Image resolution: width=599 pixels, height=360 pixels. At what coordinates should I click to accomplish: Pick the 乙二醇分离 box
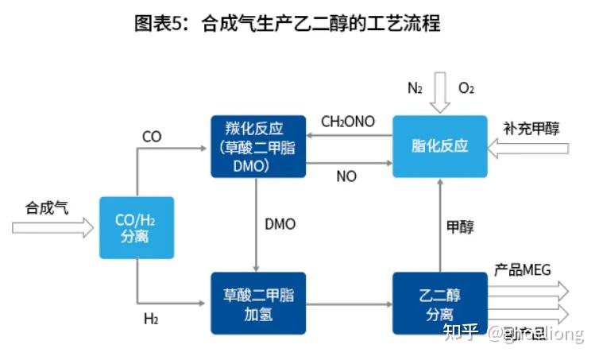click(439, 304)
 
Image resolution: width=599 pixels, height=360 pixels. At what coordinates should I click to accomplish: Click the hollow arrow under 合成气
click(52, 228)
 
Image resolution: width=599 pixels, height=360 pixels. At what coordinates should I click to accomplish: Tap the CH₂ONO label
click(348, 122)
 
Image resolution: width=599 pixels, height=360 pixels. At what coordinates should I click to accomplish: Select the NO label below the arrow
click(346, 176)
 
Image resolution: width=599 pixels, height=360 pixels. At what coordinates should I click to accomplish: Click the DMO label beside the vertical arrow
click(280, 224)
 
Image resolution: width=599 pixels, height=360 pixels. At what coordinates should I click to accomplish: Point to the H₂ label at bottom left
click(150, 319)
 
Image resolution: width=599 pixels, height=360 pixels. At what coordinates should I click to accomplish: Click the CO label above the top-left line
click(152, 137)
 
